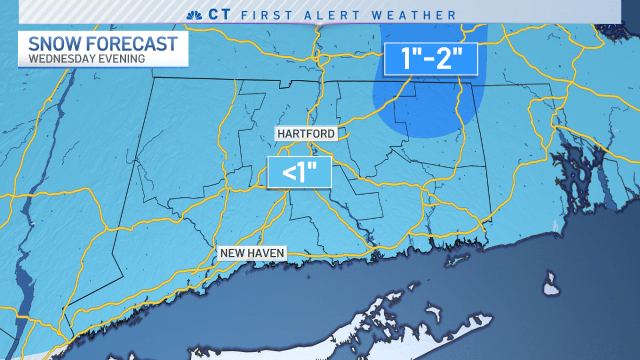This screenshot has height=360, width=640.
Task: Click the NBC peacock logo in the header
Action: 194,14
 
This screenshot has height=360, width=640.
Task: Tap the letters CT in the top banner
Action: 219,14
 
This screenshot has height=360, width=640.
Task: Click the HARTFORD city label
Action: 306,133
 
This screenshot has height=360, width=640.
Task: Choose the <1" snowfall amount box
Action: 299,172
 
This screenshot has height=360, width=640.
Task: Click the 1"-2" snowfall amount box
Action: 430,59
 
